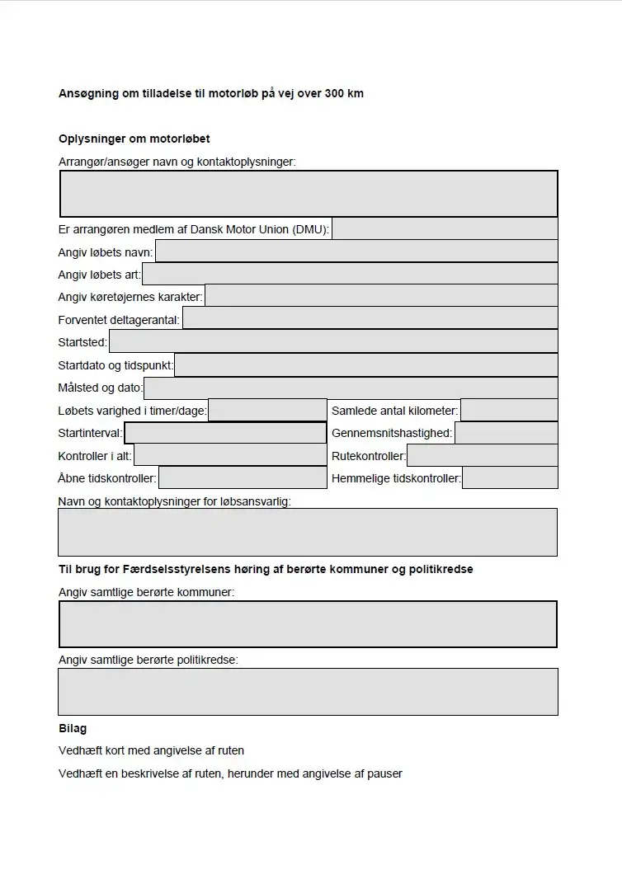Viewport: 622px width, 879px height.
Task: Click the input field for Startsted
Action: tap(333, 341)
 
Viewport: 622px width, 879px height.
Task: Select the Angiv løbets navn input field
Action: tap(356, 251)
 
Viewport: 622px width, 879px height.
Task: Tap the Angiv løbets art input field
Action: tap(350, 274)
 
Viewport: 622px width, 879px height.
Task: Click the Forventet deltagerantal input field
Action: tap(370, 318)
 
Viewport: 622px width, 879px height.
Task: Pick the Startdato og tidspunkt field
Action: tap(365, 364)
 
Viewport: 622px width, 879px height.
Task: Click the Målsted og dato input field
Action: tap(351, 388)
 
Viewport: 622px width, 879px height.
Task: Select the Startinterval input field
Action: tap(225, 433)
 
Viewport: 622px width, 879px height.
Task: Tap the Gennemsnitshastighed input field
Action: tap(506, 433)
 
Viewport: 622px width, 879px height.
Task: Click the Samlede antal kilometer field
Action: tap(509, 410)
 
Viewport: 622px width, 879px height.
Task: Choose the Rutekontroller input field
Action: tap(482, 455)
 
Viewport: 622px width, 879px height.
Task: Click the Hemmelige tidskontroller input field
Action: tap(510, 477)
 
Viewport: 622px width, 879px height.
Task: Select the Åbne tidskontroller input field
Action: tap(243, 477)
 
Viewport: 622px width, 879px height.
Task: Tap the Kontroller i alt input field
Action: tap(230, 455)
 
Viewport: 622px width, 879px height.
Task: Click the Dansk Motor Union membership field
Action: tap(445, 228)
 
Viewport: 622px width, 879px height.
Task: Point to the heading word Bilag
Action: tap(73, 728)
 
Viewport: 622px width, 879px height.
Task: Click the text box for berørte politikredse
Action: tap(308, 691)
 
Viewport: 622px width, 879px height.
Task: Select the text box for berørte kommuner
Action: tap(308, 624)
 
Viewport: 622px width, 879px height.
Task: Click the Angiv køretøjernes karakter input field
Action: tap(381, 296)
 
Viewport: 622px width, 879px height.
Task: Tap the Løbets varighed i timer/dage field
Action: tap(267, 410)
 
